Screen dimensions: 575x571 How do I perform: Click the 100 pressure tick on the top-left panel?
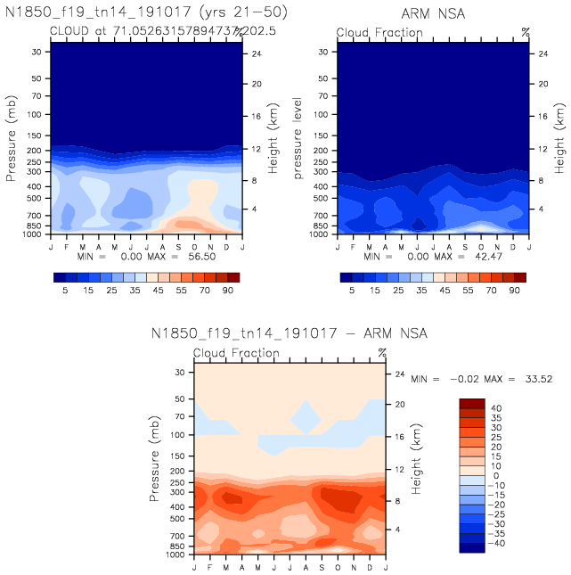tap(37, 115)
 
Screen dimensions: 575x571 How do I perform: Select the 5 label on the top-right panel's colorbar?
tap(352, 291)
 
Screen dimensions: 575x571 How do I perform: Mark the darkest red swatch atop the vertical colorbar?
tap(472, 404)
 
